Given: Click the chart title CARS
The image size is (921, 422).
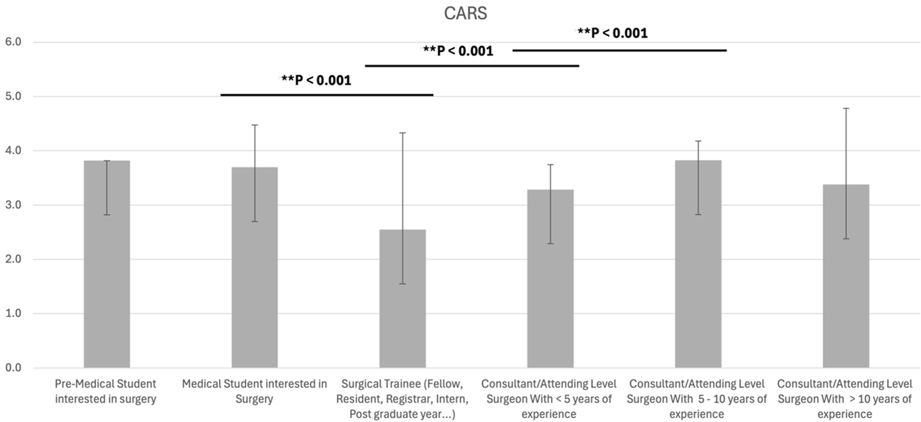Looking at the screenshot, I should point(465,13).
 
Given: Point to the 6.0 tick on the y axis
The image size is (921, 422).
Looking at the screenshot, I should point(13,42).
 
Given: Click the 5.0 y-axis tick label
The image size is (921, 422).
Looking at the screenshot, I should point(13,96).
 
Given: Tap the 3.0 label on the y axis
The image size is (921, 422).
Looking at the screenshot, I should point(13,205).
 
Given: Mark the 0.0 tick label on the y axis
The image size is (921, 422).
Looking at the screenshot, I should point(13,367).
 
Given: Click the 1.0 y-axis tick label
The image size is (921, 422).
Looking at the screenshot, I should point(13,313).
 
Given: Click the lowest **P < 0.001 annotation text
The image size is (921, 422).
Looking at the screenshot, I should point(316,80).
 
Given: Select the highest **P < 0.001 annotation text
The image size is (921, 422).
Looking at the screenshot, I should point(612,33).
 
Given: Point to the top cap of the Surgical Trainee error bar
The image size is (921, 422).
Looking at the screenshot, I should point(402,133).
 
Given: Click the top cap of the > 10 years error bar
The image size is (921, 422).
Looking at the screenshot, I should point(846,109).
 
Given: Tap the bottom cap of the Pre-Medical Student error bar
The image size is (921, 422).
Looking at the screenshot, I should point(107,215).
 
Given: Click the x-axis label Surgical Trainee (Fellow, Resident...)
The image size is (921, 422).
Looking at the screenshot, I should point(402,399).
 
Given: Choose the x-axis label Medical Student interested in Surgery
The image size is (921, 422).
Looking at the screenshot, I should point(254,391).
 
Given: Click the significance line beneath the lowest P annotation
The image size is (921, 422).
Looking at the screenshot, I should point(326,95).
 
